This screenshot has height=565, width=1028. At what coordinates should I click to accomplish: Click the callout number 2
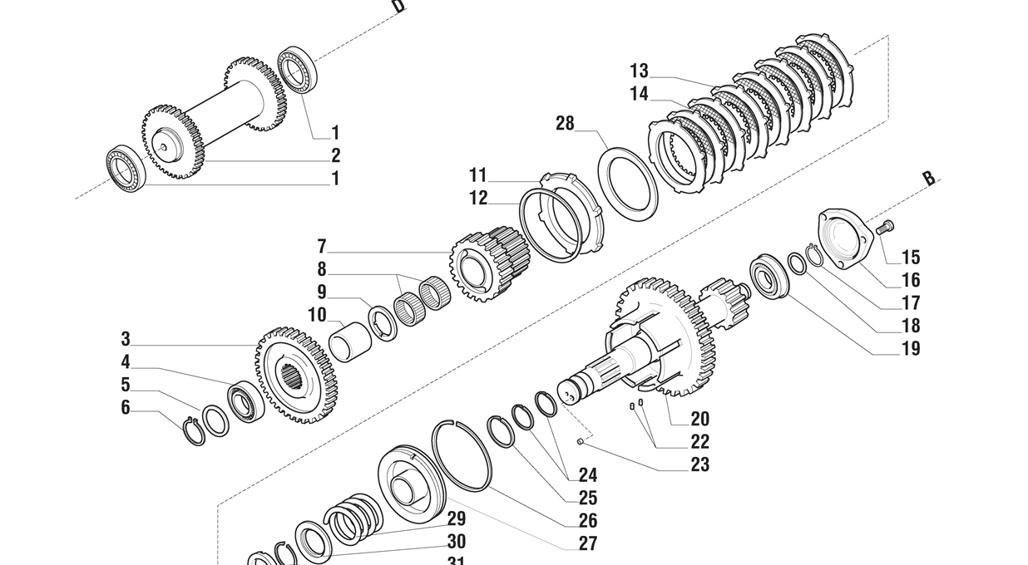(x=335, y=155)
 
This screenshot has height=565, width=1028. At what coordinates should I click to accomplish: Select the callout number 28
(x=565, y=124)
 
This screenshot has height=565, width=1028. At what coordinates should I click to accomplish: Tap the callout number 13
(x=639, y=71)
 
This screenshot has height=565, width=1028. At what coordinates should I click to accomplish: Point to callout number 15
(x=910, y=258)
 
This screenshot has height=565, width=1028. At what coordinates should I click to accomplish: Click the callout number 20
(x=699, y=419)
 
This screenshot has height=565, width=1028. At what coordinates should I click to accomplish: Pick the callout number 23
(x=699, y=464)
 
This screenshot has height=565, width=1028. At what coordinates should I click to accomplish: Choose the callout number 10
(x=317, y=315)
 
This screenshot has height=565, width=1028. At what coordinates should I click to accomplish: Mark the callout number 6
(x=126, y=407)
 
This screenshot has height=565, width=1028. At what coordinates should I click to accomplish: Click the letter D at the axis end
(x=399, y=7)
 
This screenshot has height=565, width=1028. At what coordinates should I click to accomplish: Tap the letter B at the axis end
(x=928, y=179)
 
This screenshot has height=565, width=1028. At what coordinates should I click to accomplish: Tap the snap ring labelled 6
(x=193, y=432)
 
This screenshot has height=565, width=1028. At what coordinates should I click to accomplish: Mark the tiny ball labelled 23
(x=581, y=442)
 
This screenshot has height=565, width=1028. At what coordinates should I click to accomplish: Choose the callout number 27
(x=587, y=544)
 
